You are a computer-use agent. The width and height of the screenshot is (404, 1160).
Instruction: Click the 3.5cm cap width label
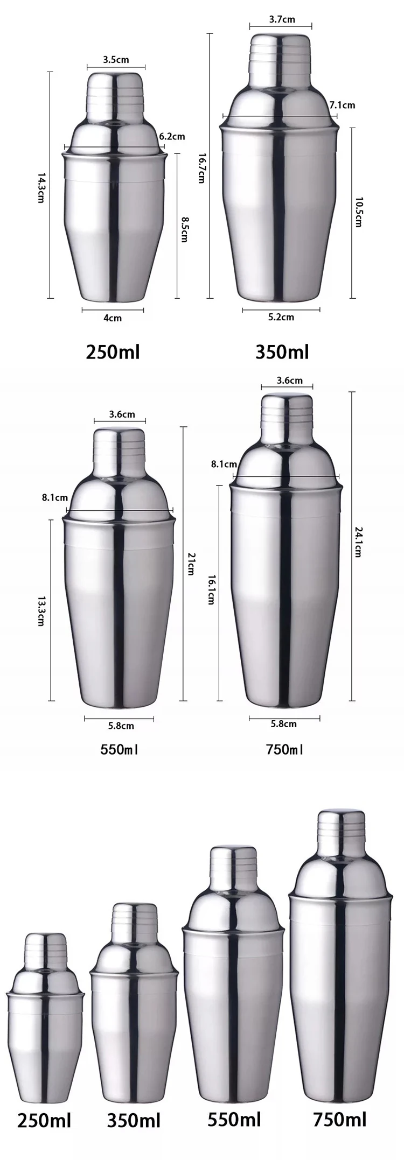click(116, 60)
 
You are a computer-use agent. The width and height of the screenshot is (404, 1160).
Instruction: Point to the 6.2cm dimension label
click(172, 137)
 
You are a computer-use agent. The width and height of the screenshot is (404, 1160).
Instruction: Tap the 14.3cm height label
click(40, 188)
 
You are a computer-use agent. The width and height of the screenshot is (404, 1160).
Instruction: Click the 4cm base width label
click(113, 318)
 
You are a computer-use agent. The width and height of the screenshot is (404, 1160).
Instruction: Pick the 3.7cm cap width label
click(282, 19)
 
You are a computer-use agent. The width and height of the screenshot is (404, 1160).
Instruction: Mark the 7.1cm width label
click(342, 104)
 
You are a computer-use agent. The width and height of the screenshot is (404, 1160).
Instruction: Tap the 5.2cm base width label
click(281, 317)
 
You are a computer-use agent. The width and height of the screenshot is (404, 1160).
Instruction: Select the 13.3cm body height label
click(40, 609)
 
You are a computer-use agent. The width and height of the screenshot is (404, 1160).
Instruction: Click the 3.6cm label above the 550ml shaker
click(122, 414)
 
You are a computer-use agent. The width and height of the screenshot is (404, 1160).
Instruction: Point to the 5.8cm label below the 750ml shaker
click(283, 724)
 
